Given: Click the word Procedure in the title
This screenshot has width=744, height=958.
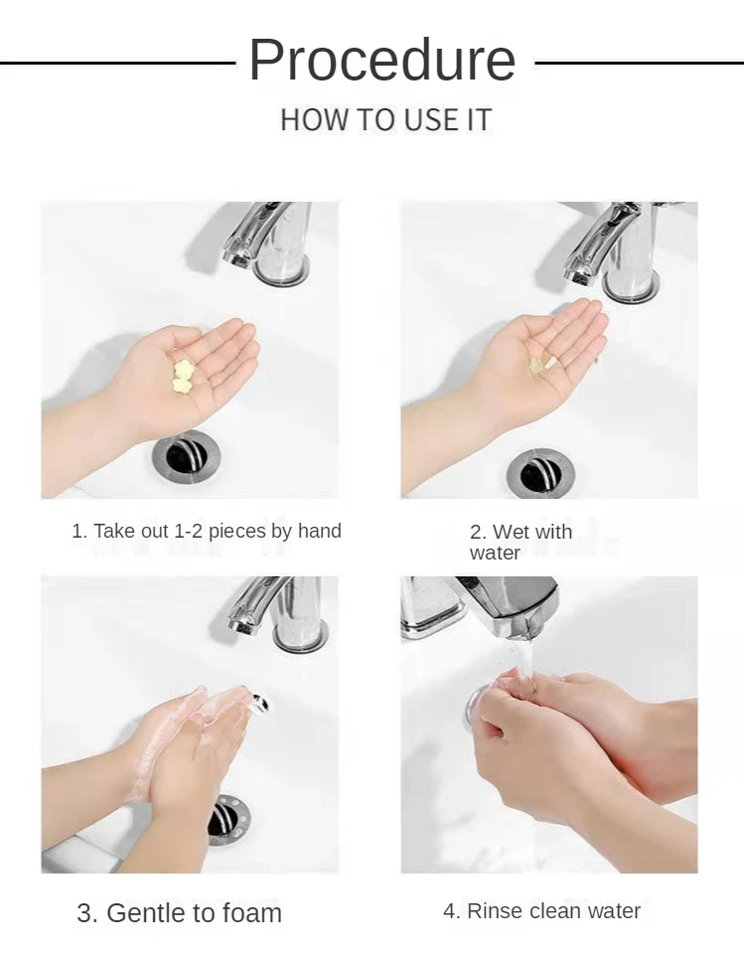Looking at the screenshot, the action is click(382, 60).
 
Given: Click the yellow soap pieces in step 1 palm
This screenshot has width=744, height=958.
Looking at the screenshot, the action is click(183, 376).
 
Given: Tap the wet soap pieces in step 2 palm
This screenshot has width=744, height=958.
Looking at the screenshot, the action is click(542, 366).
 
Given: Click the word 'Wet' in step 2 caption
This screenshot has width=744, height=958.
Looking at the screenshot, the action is click(512, 532).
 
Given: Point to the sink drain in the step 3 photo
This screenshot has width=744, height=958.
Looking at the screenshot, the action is click(227, 819).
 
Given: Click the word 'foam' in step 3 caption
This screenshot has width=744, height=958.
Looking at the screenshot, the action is click(251, 913).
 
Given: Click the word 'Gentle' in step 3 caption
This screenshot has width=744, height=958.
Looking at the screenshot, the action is click(147, 913).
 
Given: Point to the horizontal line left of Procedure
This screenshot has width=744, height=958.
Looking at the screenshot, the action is click(118, 63).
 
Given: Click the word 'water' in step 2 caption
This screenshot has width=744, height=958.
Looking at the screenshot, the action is click(495, 553).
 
